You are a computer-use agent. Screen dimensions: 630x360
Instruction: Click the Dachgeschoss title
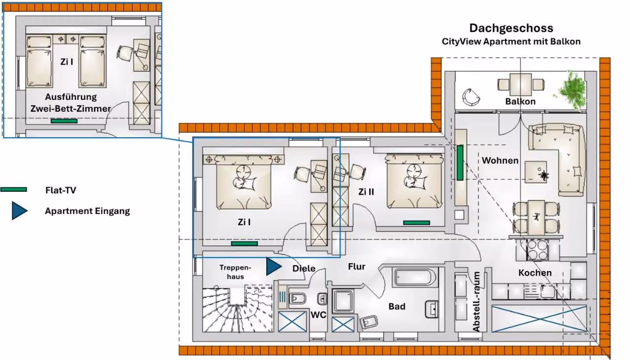click(x=511, y=29)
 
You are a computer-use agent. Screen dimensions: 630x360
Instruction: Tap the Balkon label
click(x=520, y=101)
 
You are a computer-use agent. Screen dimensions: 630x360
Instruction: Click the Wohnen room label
click(x=500, y=160)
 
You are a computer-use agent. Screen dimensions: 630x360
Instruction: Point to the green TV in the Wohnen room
click(x=460, y=163)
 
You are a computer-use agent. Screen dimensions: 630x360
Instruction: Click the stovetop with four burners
click(x=537, y=250)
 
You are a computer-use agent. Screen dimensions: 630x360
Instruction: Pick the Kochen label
click(x=535, y=273)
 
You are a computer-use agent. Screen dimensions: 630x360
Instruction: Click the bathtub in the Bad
click(x=416, y=277)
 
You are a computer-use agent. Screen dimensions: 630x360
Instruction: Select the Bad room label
click(x=397, y=306)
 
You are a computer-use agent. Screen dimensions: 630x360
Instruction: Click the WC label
click(x=318, y=315)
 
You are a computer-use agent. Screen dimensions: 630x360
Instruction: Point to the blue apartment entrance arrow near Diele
click(x=273, y=267)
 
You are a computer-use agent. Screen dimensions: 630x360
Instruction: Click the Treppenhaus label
click(x=235, y=272)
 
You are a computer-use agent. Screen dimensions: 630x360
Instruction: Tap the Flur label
click(x=357, y=267)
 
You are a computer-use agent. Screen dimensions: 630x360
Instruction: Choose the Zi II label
click(x=366, y=192)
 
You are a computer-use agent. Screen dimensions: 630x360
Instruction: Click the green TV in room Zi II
click(x=416, y=223)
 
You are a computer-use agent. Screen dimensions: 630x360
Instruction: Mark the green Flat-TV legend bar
click(x=13, y=190)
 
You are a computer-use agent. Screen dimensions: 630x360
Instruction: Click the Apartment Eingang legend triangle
click(x=19, y=210)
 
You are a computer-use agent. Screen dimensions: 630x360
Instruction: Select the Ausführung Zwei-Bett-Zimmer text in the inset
click(x=70, y=103)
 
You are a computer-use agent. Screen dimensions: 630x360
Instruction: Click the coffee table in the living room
click(x=536, y=172)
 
